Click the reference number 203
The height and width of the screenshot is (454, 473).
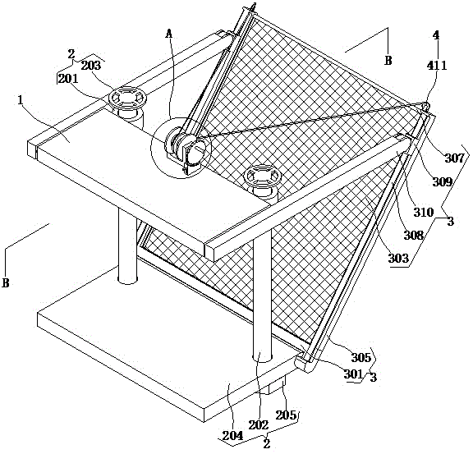click(91, 66)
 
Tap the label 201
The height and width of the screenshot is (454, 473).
click(68, 79)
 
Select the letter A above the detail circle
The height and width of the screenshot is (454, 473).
click(169, 34)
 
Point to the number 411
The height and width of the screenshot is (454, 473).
click(437, 66)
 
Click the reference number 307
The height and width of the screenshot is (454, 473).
click(455, 158)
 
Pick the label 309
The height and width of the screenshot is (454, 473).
click(443, 181)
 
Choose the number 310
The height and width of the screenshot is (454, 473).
click(423, 213)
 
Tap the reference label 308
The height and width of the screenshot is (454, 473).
click(414, 235)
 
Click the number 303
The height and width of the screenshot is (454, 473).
click(398, 259)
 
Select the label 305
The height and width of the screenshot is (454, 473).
click(361, 357)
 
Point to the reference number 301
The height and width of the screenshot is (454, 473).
click(353, 374)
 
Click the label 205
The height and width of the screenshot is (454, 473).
click(286, 415)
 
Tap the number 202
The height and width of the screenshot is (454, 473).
click(259, 425)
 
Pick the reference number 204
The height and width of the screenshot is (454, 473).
click(232, 436)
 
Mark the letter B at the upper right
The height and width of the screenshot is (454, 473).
click(388, 60)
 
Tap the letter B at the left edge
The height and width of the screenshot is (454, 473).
click(6, 282)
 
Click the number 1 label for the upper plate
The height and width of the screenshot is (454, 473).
click(21, 100)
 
